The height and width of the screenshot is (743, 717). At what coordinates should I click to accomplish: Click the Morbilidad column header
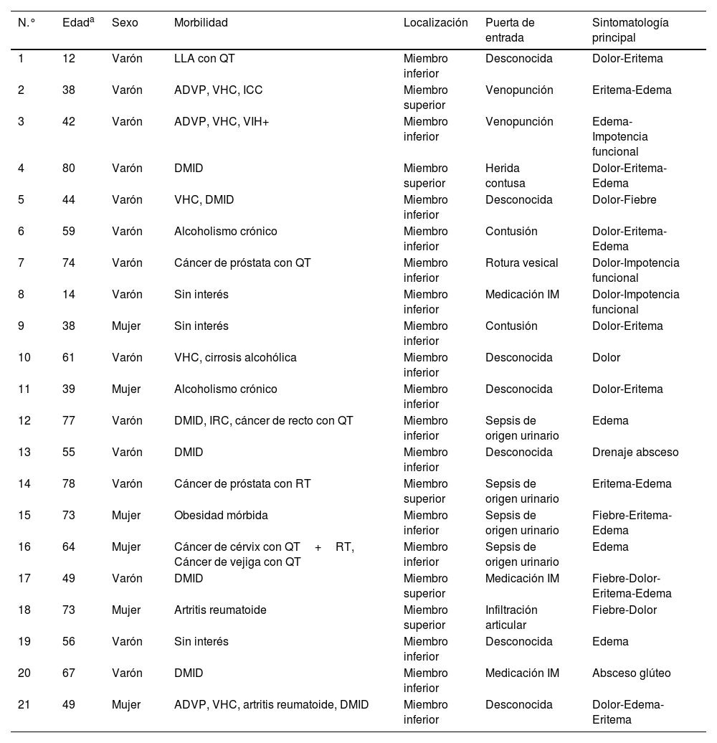(201, 23)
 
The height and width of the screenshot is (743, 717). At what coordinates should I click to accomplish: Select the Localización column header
(435, 23)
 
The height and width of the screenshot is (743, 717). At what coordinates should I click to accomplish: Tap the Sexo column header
(125, 23)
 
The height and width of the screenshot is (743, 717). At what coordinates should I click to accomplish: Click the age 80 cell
(69, 169)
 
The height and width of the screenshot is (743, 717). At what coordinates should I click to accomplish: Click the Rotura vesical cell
(521, 263)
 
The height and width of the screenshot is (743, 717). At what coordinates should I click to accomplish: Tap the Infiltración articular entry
(511, 617)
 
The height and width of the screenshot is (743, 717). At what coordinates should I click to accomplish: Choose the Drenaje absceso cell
(635, 453)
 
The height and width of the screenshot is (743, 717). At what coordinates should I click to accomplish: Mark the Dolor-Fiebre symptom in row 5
(624, 200)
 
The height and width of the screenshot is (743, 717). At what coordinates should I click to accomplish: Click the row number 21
(24, 705)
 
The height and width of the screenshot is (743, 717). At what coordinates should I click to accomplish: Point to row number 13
(24, 453)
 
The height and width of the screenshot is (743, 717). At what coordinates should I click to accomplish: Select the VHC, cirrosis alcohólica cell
(235, 358)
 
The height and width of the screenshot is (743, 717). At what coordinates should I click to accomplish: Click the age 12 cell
(69, 59)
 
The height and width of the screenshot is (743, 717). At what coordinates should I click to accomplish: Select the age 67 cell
(69, 673)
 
